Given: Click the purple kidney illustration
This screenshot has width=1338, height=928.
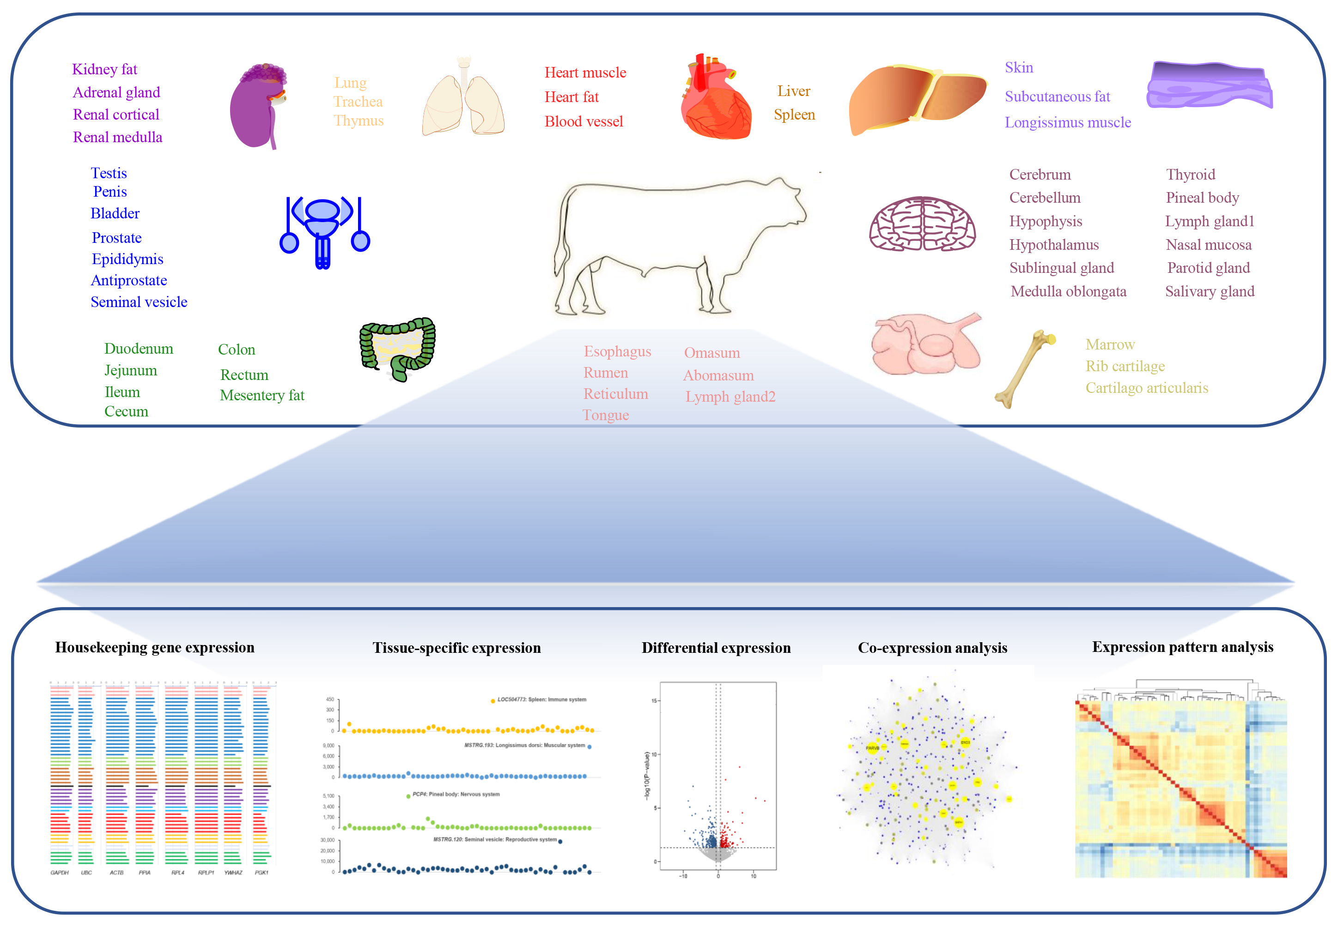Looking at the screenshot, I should click(x=256, y=108).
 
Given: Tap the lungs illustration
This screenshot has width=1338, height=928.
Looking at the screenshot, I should click(x=463, y=102).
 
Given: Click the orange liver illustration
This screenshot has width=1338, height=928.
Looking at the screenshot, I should click(x=913, y=99).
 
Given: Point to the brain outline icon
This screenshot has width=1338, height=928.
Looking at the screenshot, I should click(x=922, y=224).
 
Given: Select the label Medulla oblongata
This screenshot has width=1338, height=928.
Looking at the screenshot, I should click(x=1068, y=292).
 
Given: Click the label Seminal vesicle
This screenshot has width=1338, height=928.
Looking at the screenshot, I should click(x=139, y=302).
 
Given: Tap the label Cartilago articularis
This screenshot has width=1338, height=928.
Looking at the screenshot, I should click(x=1147, y=388).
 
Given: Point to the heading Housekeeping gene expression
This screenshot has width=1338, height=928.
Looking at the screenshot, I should click(x=155, y=648).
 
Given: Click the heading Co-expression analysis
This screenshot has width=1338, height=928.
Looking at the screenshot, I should click(x=932, y=648).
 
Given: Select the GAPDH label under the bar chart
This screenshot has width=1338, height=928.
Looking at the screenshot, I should click(x=59, y=873).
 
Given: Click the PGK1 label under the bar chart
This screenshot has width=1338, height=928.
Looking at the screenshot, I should click(x=261, y=873).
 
